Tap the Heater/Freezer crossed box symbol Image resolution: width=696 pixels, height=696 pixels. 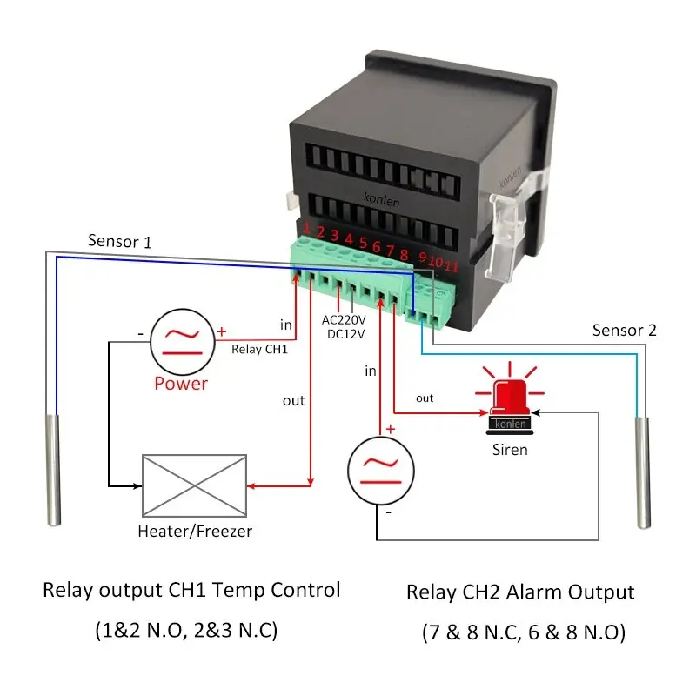[x=193, y=485]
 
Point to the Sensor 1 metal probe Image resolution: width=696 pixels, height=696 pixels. [x=54, y=470]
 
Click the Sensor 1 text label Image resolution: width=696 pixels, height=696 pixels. [x=119, y=241]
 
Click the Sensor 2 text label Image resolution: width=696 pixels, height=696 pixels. [x=624, y=330]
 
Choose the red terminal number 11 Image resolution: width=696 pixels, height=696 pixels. [x=451, y=265]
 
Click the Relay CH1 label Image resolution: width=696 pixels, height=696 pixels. [x=258, y=350]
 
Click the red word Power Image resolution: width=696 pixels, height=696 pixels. [x=181, y=383]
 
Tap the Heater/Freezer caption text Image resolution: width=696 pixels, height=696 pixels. [x=195, y=531]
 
